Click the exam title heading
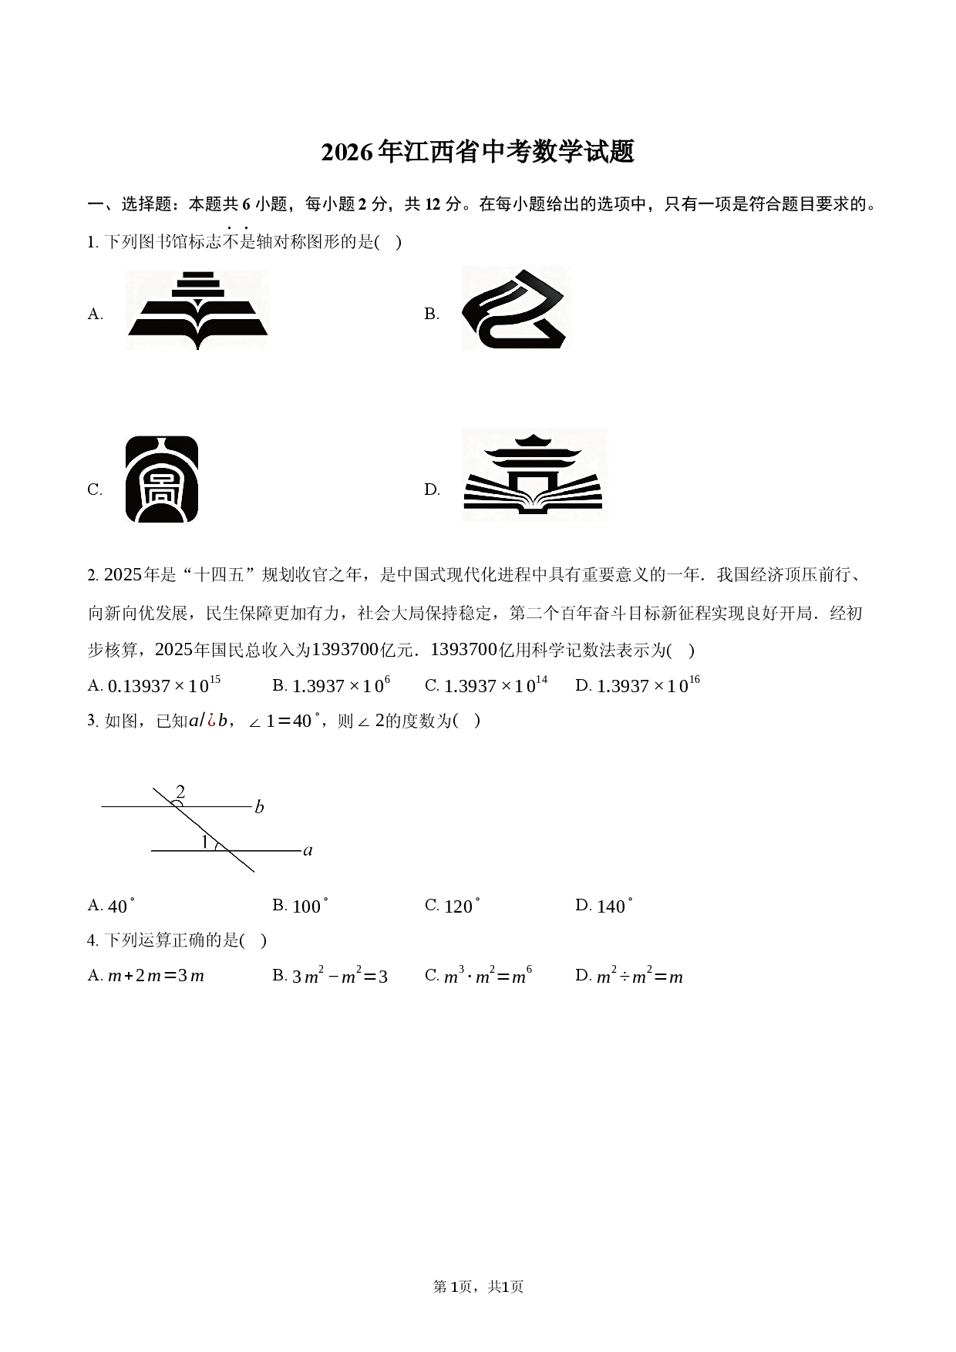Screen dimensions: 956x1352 (x=478, y=153)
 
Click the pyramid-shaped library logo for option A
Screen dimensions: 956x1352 (x=197, y=310)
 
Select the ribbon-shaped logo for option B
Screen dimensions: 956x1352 (x=516, y=308)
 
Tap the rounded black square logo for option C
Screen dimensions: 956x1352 (x=162, y=479)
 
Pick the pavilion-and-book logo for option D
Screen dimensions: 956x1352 (x=534, y=475)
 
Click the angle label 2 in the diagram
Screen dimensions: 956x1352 (x=180, y=792)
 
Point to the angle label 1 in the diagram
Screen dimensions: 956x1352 (x=204, y=842)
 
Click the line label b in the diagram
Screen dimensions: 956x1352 (x=259, y=807)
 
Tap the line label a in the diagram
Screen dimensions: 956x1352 (x=308, y=851)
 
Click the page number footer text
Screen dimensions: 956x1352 (x=478, y=1286)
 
